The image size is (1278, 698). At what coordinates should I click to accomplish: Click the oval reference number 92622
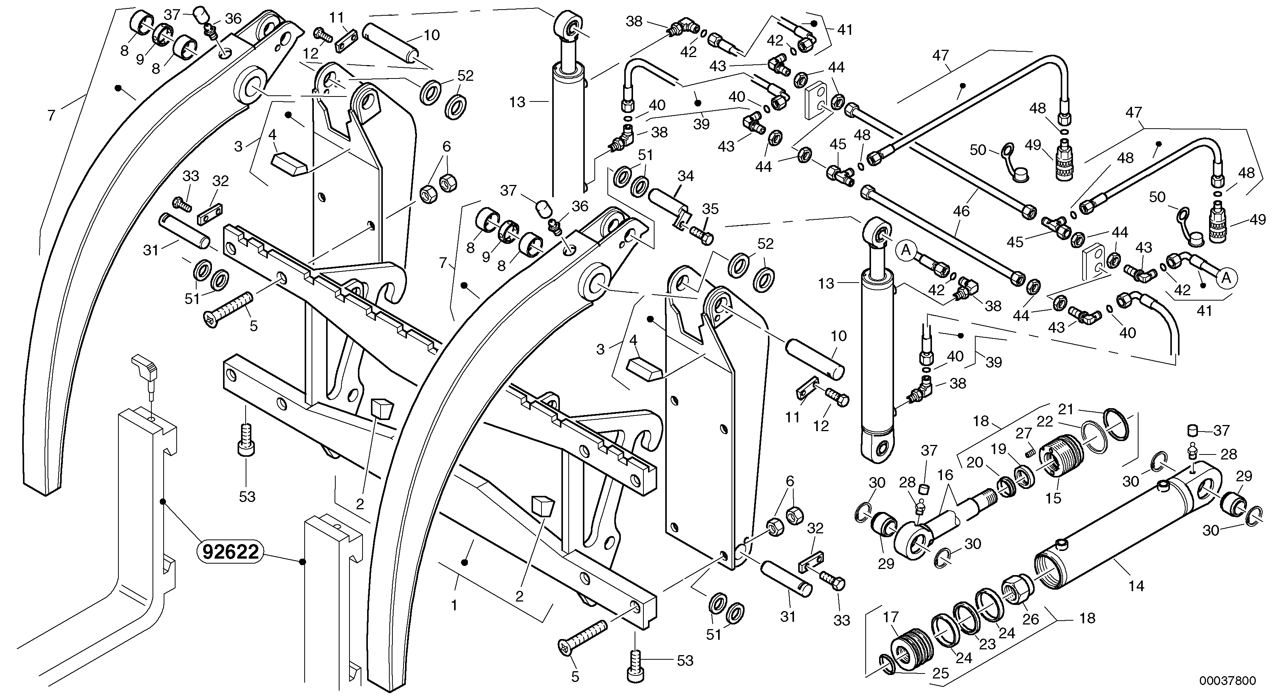pos(230,551)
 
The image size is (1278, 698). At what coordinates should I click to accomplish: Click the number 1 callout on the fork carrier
pos(453,605)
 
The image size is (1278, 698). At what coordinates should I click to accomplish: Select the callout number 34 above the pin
pos(686,176)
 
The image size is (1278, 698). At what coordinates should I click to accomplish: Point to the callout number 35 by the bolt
pos(710,209)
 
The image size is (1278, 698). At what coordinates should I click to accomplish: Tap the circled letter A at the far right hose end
pos(1226,278)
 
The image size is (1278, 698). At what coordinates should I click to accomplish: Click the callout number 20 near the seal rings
pos(974,462)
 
